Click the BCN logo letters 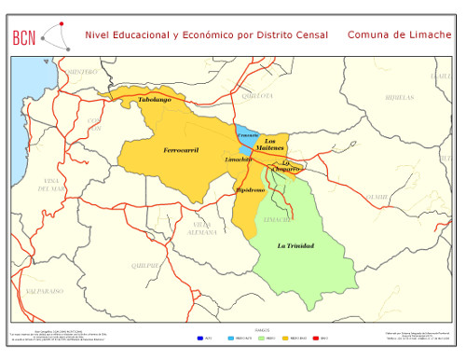pyautogui.click(x=25, y=36)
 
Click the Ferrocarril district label pyautogui.click(x=181, y=149)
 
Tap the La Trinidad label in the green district pyautogui.click(x=295, y=245)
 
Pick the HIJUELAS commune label pyautogui.click(x=399, y=96)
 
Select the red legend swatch pyautogui.click(x=314, y=337)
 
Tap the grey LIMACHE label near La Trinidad pyautogui.click(x=277, y=218)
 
